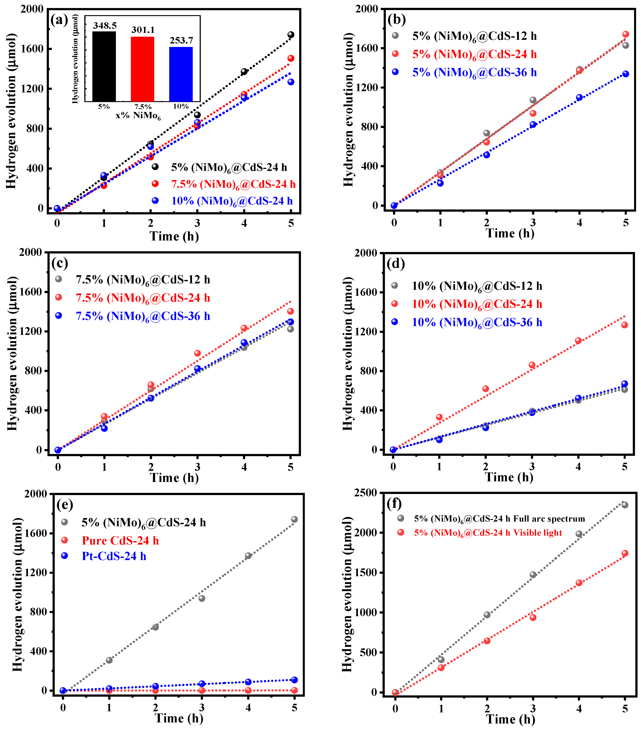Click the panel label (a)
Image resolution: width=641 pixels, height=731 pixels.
(59, 20)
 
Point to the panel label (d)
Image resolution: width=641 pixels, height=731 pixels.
(396, 264)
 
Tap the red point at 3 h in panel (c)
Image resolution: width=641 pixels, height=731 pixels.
(197, 353)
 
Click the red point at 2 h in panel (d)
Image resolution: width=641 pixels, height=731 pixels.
(485, 389)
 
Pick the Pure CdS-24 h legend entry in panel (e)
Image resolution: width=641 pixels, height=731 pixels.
(120, 540)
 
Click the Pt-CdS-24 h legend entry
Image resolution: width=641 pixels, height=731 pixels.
(114, 556)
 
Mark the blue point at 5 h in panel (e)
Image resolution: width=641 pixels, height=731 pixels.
(294, 680)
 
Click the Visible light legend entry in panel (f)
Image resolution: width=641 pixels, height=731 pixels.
(488, 533)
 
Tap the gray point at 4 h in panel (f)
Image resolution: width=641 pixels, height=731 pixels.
(579, 534)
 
